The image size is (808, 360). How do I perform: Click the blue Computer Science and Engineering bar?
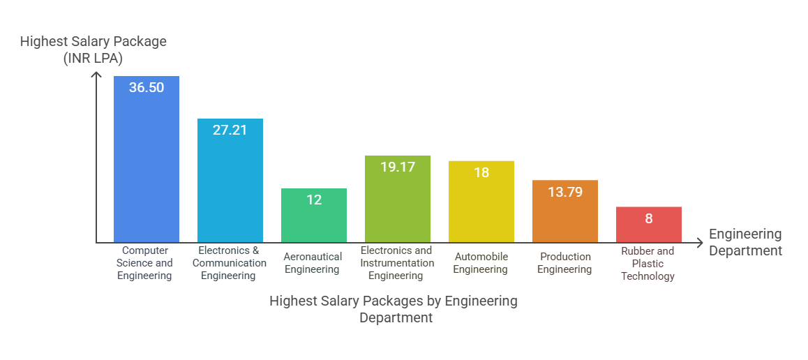pos(147,167)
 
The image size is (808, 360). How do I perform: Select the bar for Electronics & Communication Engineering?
pos(230,188)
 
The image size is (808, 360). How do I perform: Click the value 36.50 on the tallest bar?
pos(147,88)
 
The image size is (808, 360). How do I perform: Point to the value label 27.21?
pos(230,130)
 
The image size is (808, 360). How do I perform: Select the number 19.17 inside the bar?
pos(398,167)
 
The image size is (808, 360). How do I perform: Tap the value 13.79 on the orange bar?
pos(565,192)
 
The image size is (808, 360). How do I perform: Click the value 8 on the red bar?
pos(649,218)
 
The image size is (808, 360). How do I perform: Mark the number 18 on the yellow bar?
pos(481,172)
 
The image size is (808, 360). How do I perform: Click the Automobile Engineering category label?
pos(481,263)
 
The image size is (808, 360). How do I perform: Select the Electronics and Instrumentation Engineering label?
pos(396,263)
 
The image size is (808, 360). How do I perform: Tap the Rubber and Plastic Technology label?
pos(648,264)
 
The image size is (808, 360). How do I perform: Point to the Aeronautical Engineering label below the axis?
pos(313,263)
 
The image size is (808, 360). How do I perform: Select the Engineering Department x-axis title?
pos(745,242)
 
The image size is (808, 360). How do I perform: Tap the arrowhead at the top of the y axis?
pos(96,74)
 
